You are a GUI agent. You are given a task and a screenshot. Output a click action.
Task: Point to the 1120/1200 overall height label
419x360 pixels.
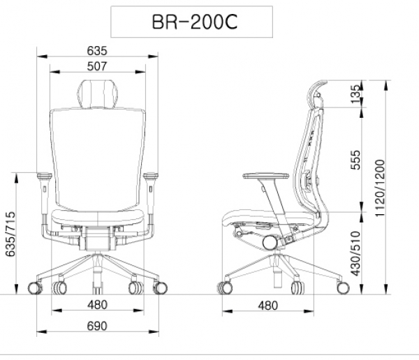[379, 188]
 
